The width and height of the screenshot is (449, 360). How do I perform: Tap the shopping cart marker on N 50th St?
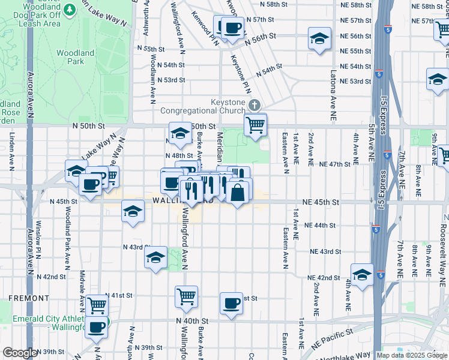click(x=255, y=125)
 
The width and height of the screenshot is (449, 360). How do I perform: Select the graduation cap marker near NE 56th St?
click(x=319, y=38)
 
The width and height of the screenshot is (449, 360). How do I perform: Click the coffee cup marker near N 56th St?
click(x=232, y=28)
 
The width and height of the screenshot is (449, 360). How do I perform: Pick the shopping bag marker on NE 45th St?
click(x=238, y=193)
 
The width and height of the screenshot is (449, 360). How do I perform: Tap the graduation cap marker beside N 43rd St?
click(x=155, y=258)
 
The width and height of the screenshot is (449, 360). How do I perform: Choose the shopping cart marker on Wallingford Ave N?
click(x=186, y=296)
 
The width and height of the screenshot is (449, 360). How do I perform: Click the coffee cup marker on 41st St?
click(x=231, y=303)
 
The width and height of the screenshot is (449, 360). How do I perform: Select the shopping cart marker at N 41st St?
click(x=97, y=305)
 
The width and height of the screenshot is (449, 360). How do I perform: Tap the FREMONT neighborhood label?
click(x=28, y=298)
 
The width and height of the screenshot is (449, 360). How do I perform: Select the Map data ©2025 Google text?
click(x=411, y=355)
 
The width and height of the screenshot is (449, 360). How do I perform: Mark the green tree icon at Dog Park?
click(x=70, y=9)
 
